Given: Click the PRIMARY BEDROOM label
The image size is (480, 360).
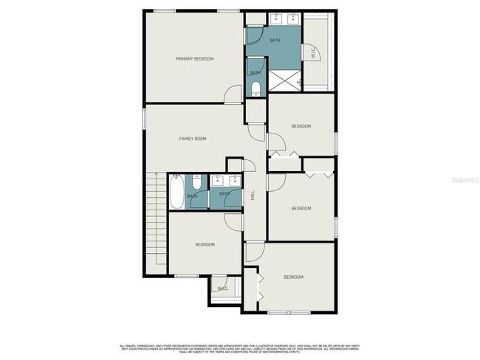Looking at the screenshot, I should (x=194, y=58).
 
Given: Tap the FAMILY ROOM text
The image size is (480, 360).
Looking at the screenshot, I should (x=192, y=139).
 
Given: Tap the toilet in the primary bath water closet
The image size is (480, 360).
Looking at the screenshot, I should (x=256, y=89).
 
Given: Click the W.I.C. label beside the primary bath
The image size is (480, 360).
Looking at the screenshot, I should (x=313, y=52).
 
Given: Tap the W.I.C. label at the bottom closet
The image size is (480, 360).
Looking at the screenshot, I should (x=222, y=288).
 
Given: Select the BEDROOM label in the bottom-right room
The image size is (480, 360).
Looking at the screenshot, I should (x=293, y=277).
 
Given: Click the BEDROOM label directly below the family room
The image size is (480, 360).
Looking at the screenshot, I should (x=205, y=245).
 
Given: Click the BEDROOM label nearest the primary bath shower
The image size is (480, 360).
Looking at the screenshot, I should (x=301, y=126).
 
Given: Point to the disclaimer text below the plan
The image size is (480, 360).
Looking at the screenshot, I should (x=240, y=348).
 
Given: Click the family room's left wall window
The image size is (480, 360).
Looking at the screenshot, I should (x=145, y=119).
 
